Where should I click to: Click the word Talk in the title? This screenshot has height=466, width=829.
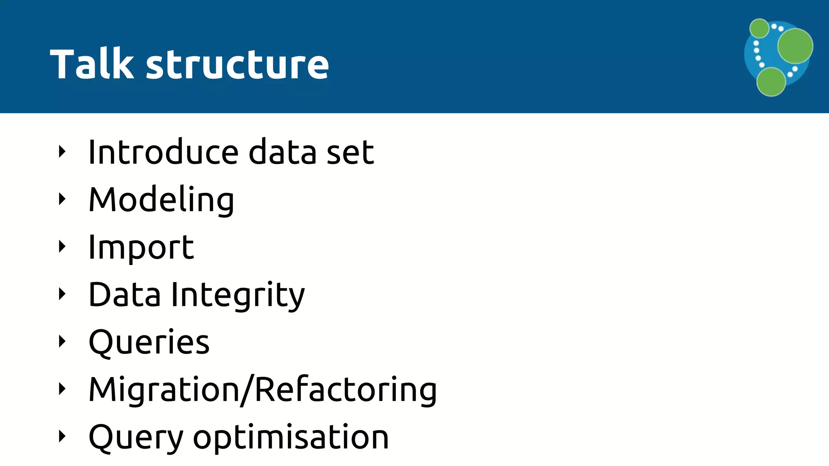click(x=92, y=64)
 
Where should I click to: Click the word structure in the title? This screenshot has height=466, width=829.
click(x=237, y=65)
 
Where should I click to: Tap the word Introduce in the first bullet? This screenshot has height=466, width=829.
click(x=163, y=152)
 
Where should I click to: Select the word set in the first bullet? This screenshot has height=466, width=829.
click(x=350, y=153)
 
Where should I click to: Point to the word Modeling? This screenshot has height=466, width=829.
click(x=161, y=200)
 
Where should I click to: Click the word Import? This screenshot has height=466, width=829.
click(x=141, y=248)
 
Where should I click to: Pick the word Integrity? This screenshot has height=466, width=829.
click(x=238, y=295)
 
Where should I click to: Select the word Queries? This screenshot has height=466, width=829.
click(x=149, y=342)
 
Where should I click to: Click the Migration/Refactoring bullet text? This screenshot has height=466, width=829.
click(x=263, y=390)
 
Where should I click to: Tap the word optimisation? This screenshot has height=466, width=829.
click(x=291, y=438)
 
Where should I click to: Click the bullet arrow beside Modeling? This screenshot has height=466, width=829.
click(x=62, y=199)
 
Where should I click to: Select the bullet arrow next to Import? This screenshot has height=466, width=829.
click(x=62, y=246)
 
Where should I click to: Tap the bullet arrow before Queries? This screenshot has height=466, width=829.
click(x=62, y=341)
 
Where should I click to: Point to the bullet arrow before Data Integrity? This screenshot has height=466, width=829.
click(x=62, y=294)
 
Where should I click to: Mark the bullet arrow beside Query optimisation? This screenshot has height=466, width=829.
click(x=62, y=436)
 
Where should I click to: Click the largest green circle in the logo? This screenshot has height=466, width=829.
click(x=795, y=46)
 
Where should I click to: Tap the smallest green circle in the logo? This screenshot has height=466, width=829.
click(x=759, y=28)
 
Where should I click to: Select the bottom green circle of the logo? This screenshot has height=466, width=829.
click(x=771, y=82)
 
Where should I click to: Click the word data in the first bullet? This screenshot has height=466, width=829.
click(x=282, y=152)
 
